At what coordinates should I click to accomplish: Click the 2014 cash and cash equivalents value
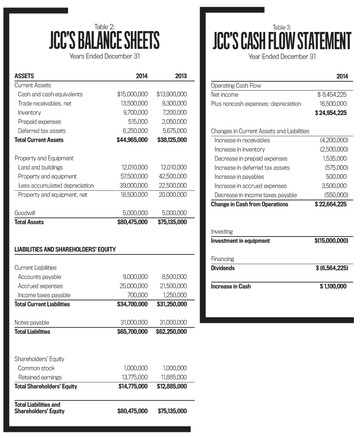[132, 94]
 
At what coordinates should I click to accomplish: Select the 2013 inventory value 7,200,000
[173, 113]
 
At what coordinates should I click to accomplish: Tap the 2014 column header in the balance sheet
[141, 76]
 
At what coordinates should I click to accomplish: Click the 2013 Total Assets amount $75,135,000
[172, 222]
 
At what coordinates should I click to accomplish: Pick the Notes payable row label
[32, 323]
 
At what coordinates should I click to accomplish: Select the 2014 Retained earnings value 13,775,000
[135, 377]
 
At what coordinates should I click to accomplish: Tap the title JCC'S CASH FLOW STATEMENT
[282, 41]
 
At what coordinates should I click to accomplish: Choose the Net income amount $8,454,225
[332, 95]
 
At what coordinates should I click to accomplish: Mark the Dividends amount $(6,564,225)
[331, 268]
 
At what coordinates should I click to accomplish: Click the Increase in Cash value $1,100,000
[333, 286]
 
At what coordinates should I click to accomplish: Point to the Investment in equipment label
[240, 241]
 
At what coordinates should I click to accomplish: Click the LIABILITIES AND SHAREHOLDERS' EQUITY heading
[65, 249]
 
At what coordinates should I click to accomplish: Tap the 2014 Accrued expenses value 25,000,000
[135, 286]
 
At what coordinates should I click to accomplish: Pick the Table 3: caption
[282, 27]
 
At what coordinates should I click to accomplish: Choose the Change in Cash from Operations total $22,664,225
[331, 204]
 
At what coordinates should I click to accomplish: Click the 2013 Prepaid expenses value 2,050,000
[174, 122]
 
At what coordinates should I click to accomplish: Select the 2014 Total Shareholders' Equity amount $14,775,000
[132, 386]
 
